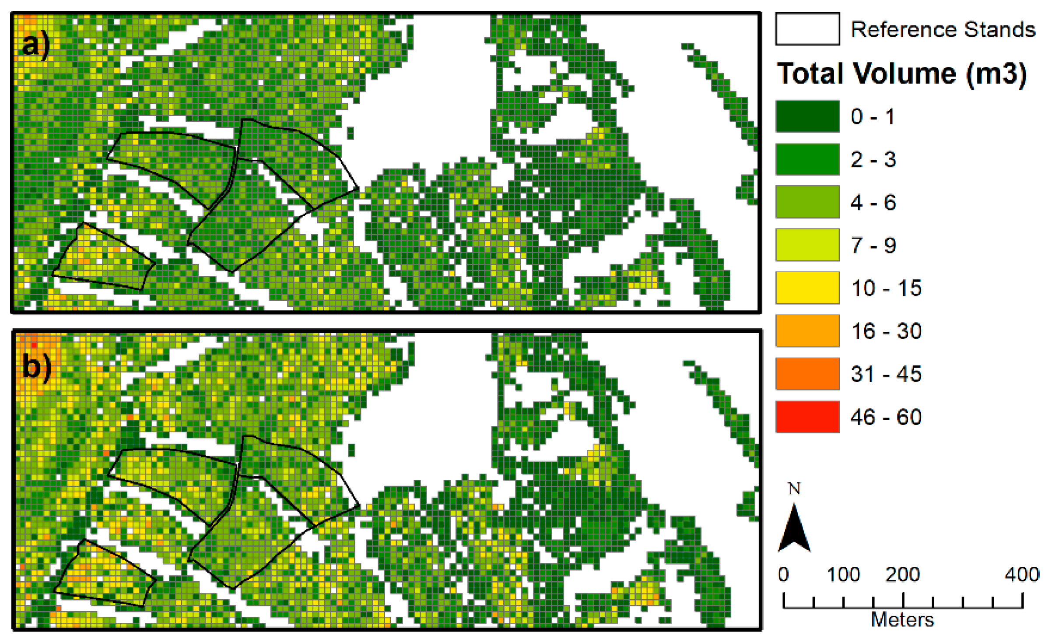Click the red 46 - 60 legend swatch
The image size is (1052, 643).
[807, 416]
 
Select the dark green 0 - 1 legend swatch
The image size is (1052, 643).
[807, 116]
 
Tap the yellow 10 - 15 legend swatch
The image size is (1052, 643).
[807, 288]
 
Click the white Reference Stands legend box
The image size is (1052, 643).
[807, 29]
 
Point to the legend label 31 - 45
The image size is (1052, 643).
[886, 374]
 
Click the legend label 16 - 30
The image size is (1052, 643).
[886, 331]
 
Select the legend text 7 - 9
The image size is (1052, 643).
[873, 245]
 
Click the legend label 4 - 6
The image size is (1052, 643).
[873, 202]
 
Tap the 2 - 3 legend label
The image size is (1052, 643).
[873, 159]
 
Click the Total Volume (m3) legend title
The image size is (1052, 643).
[901, 73]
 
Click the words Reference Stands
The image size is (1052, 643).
[943, 30]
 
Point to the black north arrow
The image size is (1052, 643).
[794, 530]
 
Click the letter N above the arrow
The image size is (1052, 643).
[794, 488]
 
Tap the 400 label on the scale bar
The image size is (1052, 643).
[1022, 574]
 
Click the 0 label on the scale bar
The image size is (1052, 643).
[783, 574]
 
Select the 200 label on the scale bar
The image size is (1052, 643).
[902, 574]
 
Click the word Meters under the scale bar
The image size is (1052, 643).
[902, 620]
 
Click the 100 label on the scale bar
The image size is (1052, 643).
[843, 574]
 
